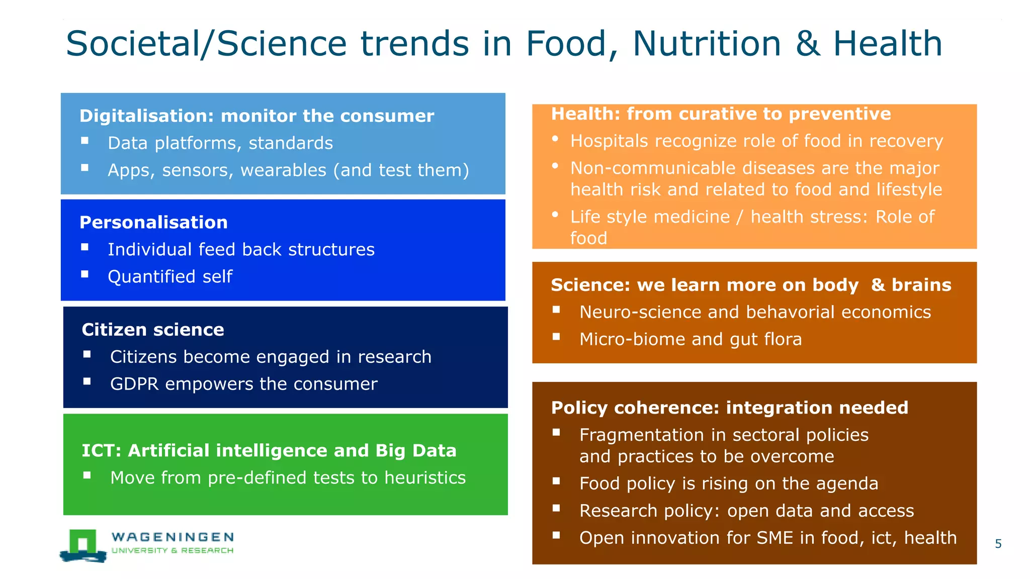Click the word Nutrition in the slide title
pyautogui.click(x=706, y=44)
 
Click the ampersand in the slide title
pyautogui.click(x=807, y=44)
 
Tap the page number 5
pyautogui.click(x=998, y=544)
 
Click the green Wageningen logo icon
pyautogui.click(x=83, y=545)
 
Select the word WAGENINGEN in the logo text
pyautogui.click(x=173, y=537)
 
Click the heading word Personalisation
pyautogui.click(x=153, y=223)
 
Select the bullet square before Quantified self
pyautogui.click(x=85, y=274)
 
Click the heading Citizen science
pyautogui.click(x=153, y=330)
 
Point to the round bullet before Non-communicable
pyautogui.click(x=555, y=165)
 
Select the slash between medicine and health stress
pyautogui.click(x=739, y=217)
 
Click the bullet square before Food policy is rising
pyautogui.click(x=556, y=481)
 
